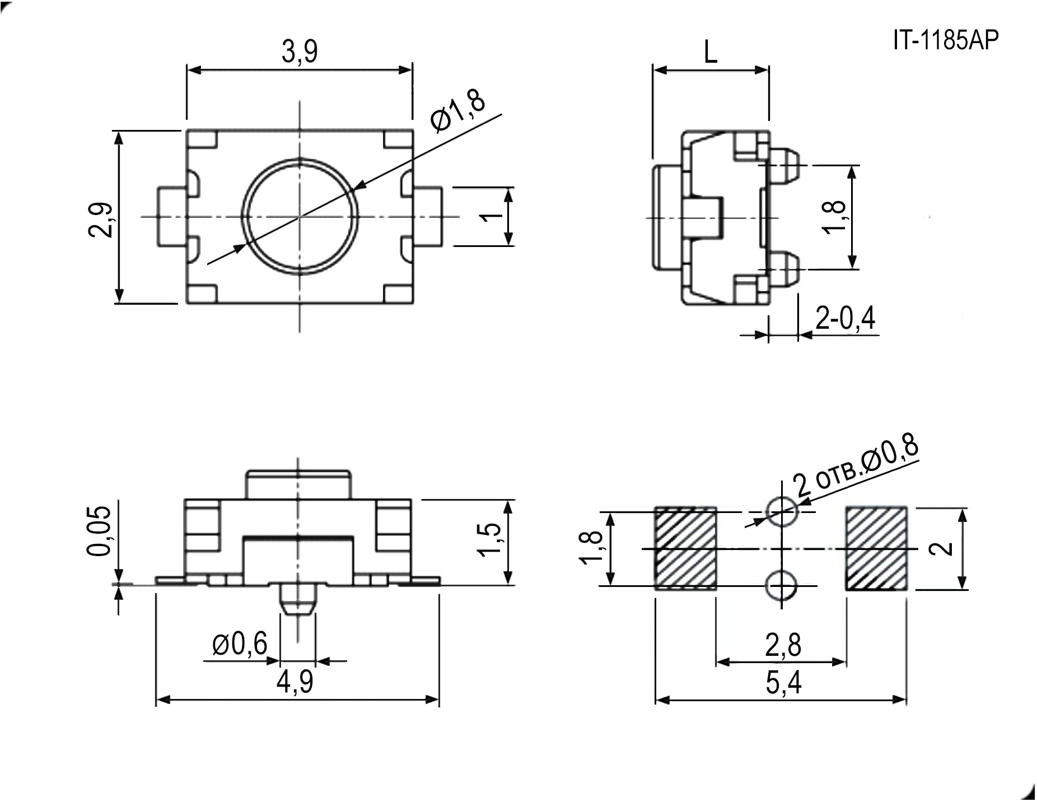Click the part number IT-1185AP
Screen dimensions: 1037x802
[x=945, y=40]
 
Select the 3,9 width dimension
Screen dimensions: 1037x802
[x=299, y=52]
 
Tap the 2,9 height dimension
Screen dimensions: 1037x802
[x=101, y=220]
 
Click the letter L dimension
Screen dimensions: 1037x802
[x=710, y=53]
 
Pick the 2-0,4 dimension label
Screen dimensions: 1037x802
[x=845, y=318]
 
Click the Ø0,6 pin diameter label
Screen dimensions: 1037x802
[x=240, y=645]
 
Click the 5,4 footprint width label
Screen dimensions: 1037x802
[x=783, y=683]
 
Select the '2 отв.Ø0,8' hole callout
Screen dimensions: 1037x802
[x=857, y=468]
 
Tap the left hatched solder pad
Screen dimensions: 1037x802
[x=685, y=548]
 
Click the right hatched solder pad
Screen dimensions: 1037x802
[x=876, y=548]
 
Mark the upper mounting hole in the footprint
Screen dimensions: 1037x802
[x=782, y=511]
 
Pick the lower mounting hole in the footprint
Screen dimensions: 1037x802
[x=782, y=586]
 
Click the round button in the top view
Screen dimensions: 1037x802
[x=300, y=216]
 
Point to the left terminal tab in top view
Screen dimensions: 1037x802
[x=172, y=217]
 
